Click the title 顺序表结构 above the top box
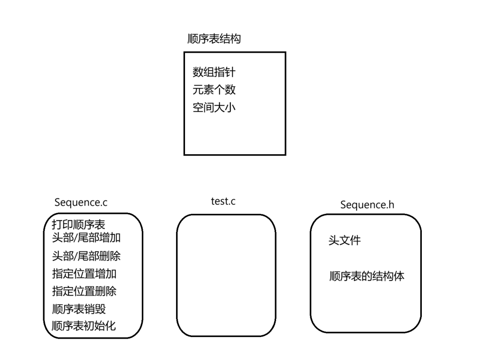click(214, 39)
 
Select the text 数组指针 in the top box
click(214, 72)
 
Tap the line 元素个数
click(214, 90)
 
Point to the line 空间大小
click(214, 107)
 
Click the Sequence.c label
click(81, 202)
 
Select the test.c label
click(223, 201)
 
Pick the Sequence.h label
click(367, 205)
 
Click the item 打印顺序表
click(79, 225)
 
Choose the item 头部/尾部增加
click(86, 237)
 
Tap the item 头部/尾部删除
click(86, 256)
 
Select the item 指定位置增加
click(84, 273)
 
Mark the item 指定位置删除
click(84, 291)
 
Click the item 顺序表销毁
click(79, 309)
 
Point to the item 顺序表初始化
click(84, 326)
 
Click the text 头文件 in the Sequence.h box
click(344, 241)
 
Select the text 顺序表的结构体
click(367, 276)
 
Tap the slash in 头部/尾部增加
click(76, 238)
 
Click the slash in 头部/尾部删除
click(76, 257)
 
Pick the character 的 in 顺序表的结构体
click(367, 276)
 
